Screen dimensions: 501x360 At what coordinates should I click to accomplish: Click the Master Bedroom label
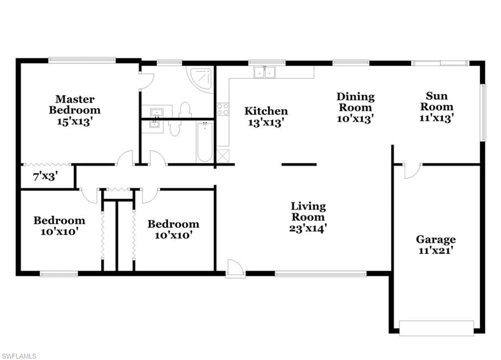point(75,105)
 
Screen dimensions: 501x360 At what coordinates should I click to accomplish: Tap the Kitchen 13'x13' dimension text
point(266,122)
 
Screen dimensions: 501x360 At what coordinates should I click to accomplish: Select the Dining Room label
point(356,102)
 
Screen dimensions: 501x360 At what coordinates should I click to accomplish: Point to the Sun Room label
point(437,101)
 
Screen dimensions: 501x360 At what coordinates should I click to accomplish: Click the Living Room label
point(308,211)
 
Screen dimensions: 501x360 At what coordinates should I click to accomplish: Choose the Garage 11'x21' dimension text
point(436,250)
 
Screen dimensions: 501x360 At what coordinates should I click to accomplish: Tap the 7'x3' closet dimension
point(46,176)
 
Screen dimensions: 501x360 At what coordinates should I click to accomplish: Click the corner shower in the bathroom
point(200,79)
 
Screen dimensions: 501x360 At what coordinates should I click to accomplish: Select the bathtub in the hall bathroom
point(204,142)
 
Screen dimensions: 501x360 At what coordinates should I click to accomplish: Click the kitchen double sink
point(265,72)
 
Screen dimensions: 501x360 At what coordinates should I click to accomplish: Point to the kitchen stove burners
point(223,109)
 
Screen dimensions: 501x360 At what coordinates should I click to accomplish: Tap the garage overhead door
point(436,328)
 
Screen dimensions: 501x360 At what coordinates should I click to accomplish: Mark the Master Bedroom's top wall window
point(82,59)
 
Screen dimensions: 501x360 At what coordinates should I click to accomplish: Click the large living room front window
point(321,274)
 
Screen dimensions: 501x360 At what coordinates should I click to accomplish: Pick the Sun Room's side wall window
point(483,112)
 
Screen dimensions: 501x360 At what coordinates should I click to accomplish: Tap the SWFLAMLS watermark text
point(19,356)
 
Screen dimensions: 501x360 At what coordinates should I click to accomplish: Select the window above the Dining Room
point(351,63)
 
